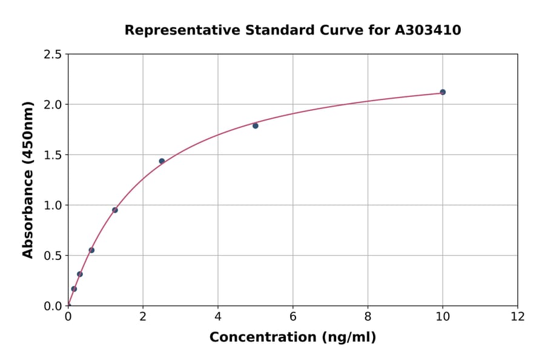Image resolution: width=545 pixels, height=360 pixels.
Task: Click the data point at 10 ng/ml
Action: (x=443, y=92)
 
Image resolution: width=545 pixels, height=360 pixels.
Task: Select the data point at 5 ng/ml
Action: (x=256, y=125)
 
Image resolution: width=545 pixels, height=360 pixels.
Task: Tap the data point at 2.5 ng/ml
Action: (x=162, y=161)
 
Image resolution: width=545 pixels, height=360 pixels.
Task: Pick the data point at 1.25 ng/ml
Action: (x=115, y=210)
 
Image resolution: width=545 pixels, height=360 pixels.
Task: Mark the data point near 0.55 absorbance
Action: (x=91, y=250)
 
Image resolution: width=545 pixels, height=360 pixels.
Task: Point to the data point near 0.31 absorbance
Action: (x=80, y=274)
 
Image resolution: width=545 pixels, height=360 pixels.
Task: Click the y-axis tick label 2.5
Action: (x=53, y=55)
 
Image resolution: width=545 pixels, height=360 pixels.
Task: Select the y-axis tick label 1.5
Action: (x=53, y=155)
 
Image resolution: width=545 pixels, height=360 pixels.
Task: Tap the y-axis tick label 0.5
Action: (x=53, y=256)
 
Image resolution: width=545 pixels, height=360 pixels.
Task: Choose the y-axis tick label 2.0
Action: (x=53, y=105)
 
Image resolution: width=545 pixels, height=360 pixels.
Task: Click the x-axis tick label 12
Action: (x=518, y=316)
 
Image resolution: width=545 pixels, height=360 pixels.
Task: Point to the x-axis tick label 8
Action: (x=368, y=316)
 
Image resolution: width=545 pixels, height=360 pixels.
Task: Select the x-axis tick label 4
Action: (x=218, y=316)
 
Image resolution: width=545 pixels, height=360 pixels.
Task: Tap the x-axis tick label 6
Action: (x=293, y=316)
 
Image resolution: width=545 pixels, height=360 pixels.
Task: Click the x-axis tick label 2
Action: (x=143, y=316)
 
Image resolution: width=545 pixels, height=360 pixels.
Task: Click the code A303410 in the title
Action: (x=428, y=30)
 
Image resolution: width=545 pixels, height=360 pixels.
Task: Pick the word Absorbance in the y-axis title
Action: (x=28, y=213)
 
